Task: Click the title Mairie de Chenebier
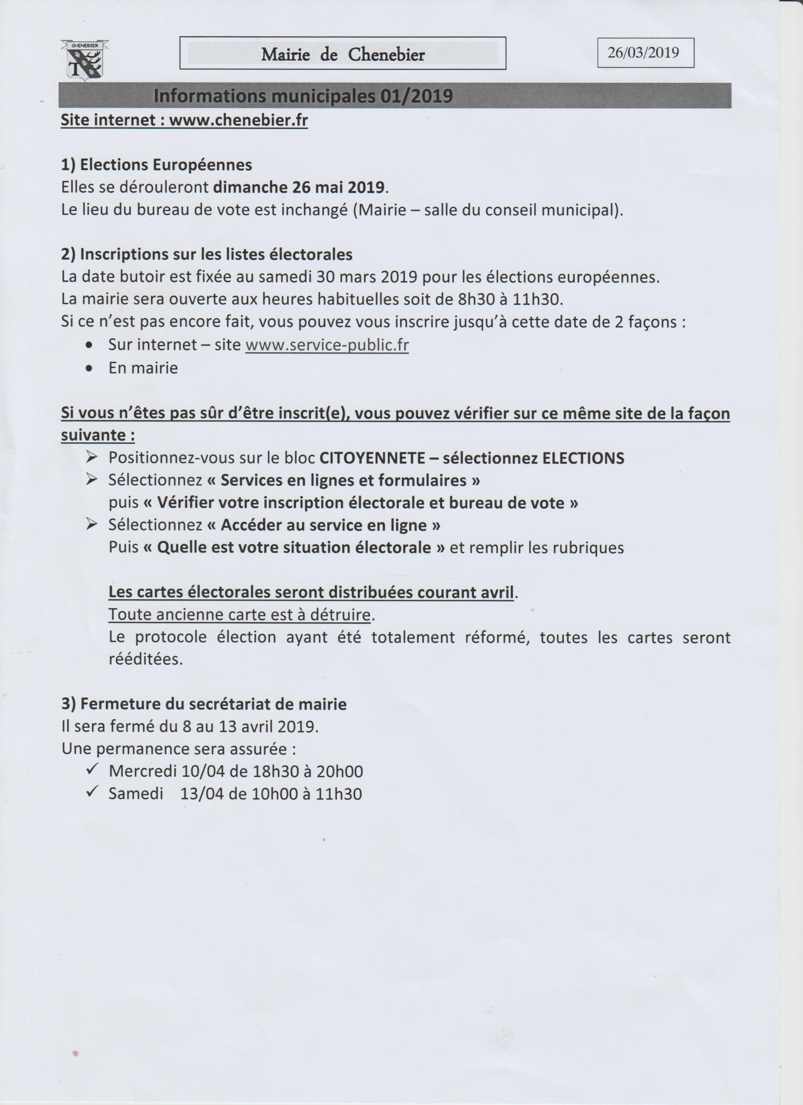click(x=343, y=55)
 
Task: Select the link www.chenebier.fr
click(x=238, y=120)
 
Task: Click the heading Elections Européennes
click(x=166, y=165)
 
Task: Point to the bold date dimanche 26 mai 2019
click(x=299, y=187)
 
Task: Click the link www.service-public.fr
click(x=327, y=345)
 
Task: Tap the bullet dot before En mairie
click(x=89, y=368)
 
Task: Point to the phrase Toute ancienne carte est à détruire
click(x=239, y=615)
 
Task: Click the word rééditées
click(x=145, y=659)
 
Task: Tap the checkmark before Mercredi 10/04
click(x=92, y=770)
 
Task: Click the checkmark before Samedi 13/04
click(x=92, y=792)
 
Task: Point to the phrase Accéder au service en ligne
click(x=324, y=525)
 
